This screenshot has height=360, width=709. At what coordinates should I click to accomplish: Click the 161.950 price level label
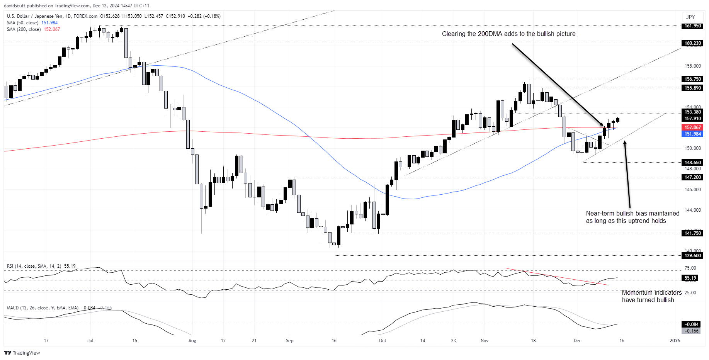692,26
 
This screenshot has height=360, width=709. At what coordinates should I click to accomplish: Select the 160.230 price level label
692,43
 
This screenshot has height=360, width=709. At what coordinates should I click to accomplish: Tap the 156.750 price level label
692,79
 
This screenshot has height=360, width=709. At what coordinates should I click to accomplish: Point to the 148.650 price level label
692,163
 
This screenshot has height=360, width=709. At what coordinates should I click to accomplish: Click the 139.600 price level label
692,255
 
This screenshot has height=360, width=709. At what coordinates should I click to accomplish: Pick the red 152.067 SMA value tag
692,127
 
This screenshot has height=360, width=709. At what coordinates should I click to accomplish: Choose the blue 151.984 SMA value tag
692,134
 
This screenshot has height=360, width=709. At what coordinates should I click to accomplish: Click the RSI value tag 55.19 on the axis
690,278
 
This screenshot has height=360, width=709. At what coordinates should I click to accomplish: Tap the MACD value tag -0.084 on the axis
692,324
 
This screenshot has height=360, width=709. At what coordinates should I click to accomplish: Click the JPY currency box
690,17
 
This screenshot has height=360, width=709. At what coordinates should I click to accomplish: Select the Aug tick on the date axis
192,341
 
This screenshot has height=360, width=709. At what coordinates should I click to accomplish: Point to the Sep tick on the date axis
289,341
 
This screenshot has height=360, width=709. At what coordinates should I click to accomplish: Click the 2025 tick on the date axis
675,340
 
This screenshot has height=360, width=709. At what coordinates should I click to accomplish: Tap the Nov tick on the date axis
485,341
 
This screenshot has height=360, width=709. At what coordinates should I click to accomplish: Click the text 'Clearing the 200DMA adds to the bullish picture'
508,34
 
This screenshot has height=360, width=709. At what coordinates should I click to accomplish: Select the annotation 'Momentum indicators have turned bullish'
651,296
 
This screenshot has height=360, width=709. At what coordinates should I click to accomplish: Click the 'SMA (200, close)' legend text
24,29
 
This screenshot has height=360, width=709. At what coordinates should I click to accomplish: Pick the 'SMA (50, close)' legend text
22,23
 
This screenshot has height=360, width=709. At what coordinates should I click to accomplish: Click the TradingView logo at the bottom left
22,353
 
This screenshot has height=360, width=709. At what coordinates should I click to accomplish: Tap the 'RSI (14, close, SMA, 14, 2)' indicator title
34,266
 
